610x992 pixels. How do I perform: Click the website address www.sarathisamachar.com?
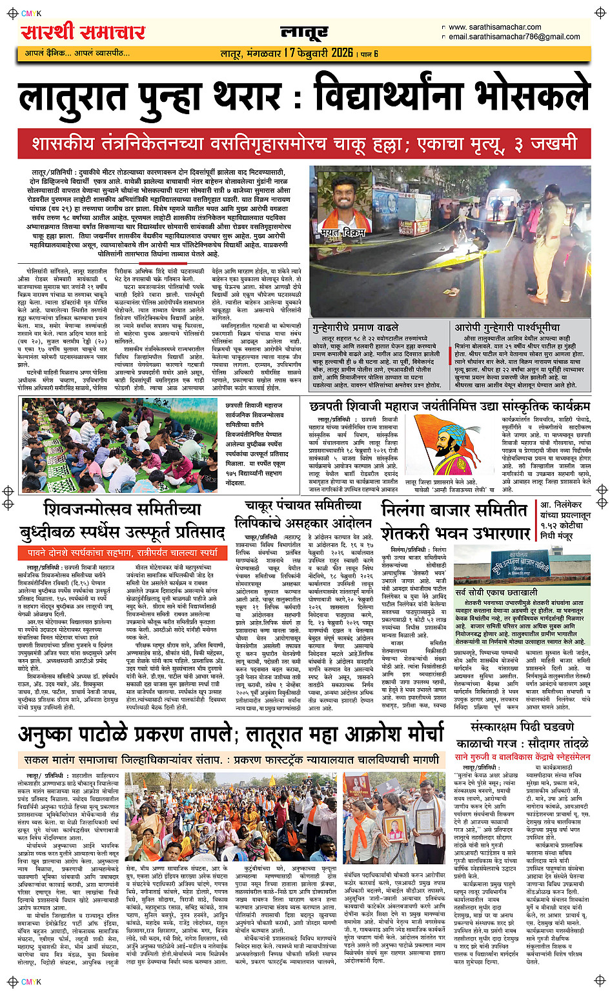(x=494, y=27)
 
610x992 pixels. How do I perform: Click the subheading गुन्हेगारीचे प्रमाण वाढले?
(x=365, y=328)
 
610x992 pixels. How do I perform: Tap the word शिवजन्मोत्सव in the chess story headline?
(x=122, y=510)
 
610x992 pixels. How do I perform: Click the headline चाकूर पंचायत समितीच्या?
(x=303, y=506)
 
